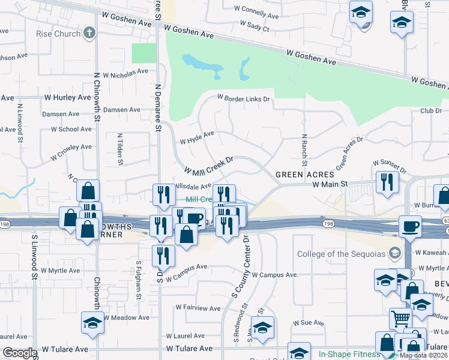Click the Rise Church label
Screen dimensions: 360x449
point(58,34)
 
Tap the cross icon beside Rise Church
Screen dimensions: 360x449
point(89,33)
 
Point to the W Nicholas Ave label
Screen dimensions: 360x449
point(125,73)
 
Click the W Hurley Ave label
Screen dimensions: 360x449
point(67,97)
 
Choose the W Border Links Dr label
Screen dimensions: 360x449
point(244,98)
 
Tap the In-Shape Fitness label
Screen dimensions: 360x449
point(349,354)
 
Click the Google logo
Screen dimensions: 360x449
point(20,353)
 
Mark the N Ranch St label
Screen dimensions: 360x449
point(304,151)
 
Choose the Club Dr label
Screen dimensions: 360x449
point(431,110)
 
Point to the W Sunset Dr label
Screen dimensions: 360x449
point(390,163)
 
